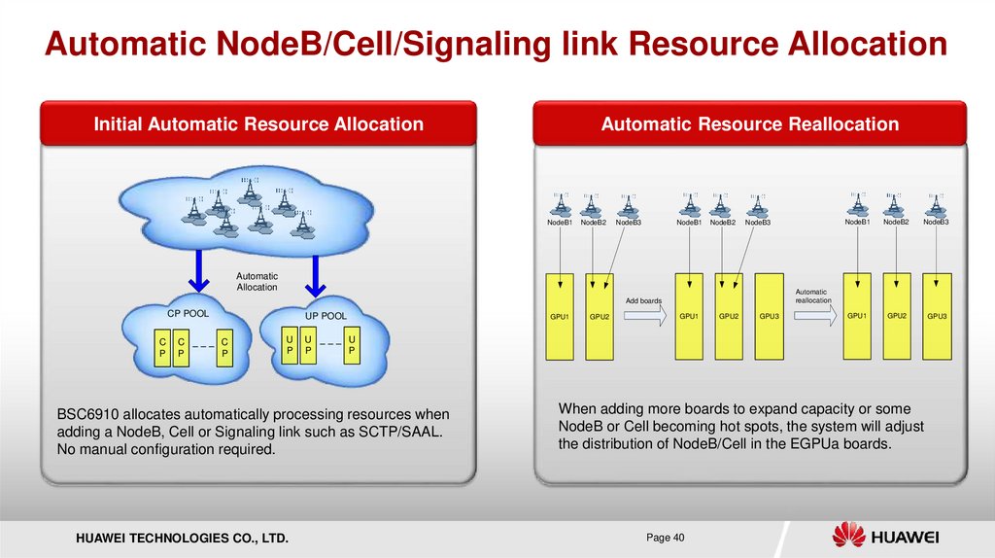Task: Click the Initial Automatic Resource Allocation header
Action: pos(257,124)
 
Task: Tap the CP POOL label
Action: pos(189,313)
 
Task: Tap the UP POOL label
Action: pos(326,317)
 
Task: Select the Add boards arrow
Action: pos(644,318)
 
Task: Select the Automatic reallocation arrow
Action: pos(813,318)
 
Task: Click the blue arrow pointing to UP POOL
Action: pos(315,274)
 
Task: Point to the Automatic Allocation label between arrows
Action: pos(257,282)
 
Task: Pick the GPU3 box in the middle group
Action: pos(770,316)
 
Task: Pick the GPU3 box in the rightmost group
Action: pos(937,316)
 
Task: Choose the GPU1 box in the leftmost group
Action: pos(560,316)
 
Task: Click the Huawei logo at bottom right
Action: pos(885,536)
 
